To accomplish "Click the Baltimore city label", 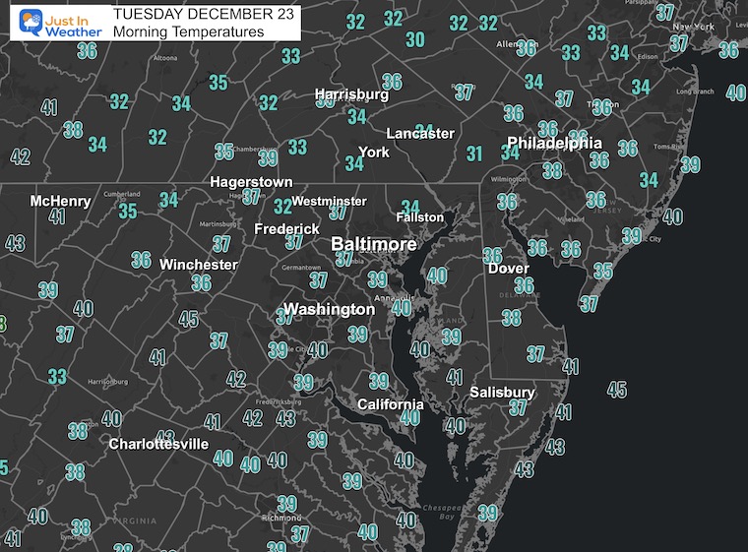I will (373, 243).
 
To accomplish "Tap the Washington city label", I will (329, 309).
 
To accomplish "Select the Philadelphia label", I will (554, 143).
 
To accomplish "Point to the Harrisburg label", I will (351, 95).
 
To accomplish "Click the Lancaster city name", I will (420, 133).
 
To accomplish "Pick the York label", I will (374, 153).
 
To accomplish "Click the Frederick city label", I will (286, 228).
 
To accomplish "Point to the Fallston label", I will (420, 216).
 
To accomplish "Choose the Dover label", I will (508, 268).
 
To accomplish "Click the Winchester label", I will (199, 264).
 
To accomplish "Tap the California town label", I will (391, 404).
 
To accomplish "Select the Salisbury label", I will (501, 392).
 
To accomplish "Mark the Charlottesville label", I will (158, 444).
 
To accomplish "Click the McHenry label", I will (60, 201).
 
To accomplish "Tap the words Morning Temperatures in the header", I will (188, 32).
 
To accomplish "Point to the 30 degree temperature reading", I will (415, 39).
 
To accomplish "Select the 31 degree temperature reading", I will (474, 153).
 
